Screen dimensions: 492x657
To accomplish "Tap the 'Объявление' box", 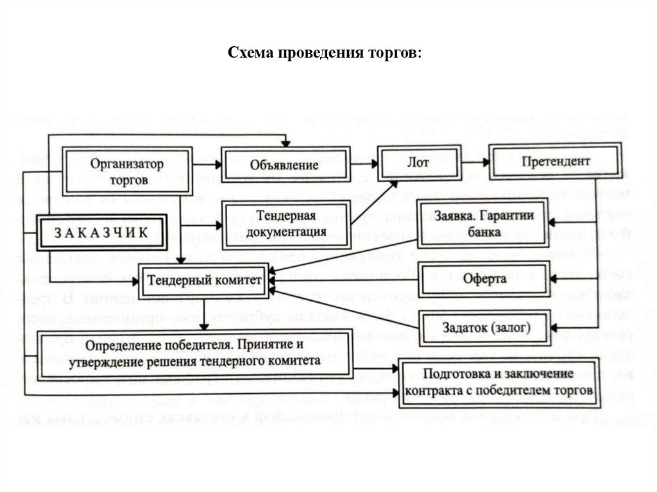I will [x=286, y=165].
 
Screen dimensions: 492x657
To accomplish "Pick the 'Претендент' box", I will [x=547, y=162].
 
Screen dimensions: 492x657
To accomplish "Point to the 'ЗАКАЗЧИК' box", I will [x=99, y=232].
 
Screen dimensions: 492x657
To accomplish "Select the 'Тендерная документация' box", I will [x=286, y=221].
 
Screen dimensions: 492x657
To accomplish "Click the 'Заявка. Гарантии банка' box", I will [x=484, y=223].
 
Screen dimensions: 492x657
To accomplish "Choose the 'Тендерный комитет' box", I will [x=203, y=280].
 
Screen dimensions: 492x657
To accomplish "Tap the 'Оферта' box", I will [x=484, y=279].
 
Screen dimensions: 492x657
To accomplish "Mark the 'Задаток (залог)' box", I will [x=484, y=327].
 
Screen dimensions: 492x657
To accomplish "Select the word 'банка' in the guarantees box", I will [x=484, y=232].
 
